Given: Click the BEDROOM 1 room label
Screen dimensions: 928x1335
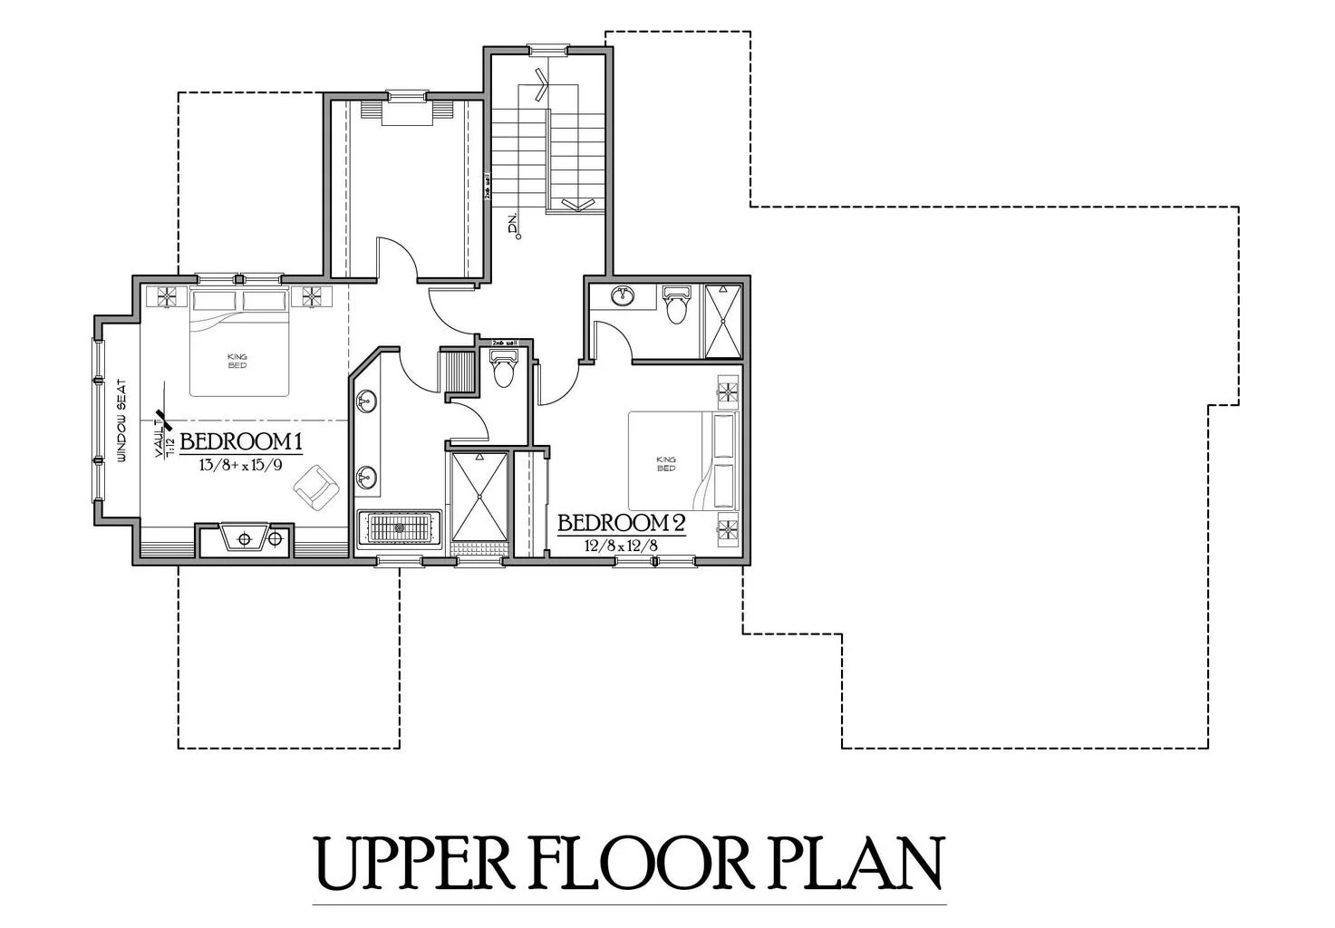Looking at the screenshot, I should click(x=240, y=442).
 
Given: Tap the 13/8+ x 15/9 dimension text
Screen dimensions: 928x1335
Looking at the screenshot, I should click(x=239, y=465).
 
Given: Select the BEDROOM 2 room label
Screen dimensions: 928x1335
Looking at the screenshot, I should click(x=621, y=524).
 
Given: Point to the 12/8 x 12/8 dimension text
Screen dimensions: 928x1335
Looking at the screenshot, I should click(x=620, y=546).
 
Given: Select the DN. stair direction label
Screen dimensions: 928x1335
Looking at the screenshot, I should click(x=514, y=226).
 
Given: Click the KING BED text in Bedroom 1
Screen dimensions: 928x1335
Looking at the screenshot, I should click(x=238, y=360).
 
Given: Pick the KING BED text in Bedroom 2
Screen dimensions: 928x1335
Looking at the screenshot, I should click(x=666, y=463).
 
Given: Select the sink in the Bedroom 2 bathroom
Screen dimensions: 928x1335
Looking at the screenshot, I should click(x=623, y=296).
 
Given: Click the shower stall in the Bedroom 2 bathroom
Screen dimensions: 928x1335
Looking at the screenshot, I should click(x=723, y=322).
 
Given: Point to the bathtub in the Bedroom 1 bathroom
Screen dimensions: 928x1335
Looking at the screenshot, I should click(x=400, y=528).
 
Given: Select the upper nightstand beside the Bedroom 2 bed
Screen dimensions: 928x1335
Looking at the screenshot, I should click(x=728, y=391).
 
